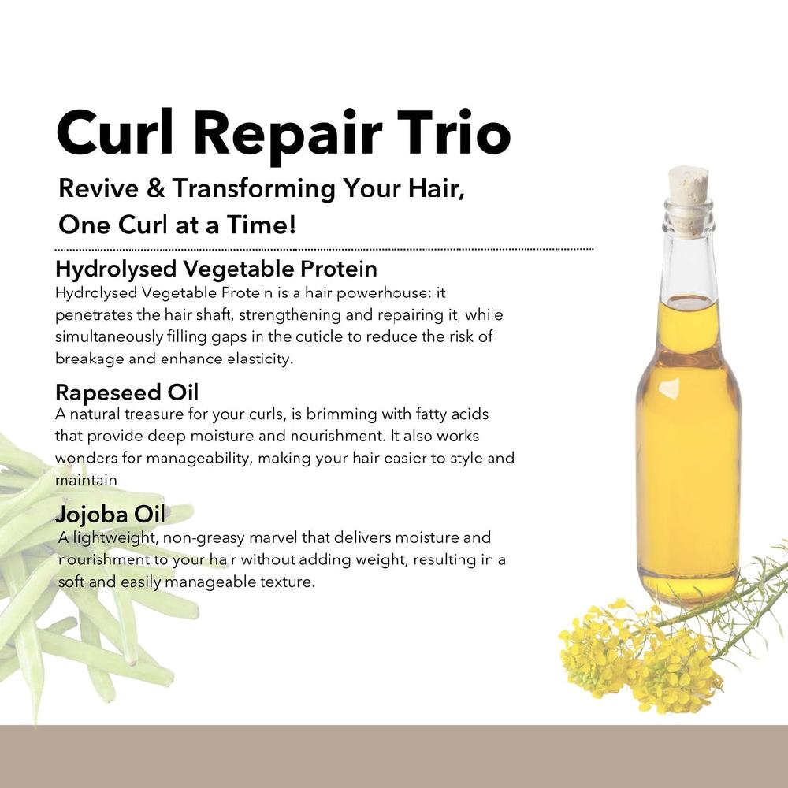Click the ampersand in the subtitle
(x=154, y=189)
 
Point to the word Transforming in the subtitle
(x=252, y=189)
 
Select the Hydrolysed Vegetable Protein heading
(x=216, y=269)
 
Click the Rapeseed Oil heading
(x=128, y=392)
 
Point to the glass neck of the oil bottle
(x=688, y=260)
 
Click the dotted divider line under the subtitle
(x=324, y=249)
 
